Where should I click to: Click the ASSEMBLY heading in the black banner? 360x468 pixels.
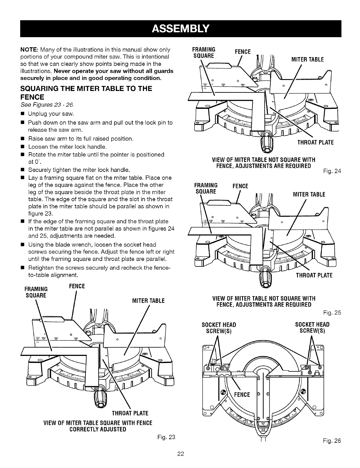(x=181, y=29)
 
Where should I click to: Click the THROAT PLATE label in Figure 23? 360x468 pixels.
(x=130, y=413)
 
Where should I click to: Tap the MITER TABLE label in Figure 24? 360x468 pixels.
(x=308, y=59)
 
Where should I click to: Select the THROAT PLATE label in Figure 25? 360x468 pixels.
(x=314, y=275)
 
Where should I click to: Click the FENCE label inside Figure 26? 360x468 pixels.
(x=242, y=395)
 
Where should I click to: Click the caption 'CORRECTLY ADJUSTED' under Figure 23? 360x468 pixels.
(x=98, y=429)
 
